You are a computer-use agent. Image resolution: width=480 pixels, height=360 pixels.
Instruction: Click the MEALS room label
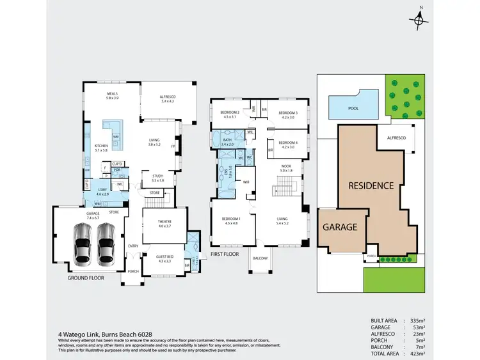[112, 96]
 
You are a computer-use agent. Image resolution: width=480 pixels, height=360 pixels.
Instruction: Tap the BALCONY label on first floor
[260, 258]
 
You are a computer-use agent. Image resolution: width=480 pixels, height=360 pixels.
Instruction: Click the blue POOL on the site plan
[353, 108]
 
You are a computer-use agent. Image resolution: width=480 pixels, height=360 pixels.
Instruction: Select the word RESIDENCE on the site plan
[371, 186]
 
